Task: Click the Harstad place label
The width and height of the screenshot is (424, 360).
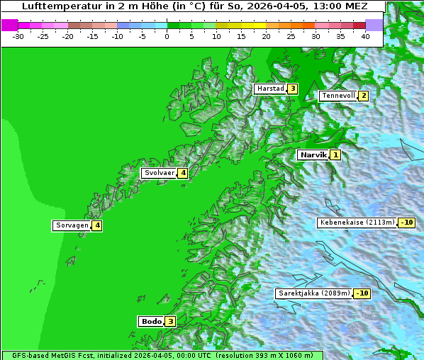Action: tap(270, 89)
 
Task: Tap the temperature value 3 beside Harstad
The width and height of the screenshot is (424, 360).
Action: tap(291, 89)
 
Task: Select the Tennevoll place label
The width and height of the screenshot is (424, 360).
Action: tap(337, 96)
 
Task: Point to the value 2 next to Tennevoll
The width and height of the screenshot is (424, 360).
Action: tap(363, 96)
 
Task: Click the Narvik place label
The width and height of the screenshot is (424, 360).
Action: tap(313, 154)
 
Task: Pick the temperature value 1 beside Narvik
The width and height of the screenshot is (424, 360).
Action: tap(335, 154)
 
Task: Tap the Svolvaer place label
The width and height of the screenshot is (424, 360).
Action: tap(159, 173)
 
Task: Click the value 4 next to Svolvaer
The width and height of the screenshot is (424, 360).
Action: tap(182, 173)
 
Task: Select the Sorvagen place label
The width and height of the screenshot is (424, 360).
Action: tap(72, 225)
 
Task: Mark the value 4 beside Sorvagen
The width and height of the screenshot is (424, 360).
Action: tap(97, 225)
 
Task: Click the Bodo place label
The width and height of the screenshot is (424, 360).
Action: tap(151, 321)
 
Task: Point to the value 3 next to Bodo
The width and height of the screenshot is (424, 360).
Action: tap(170, 321)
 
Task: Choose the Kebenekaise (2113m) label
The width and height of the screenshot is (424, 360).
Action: tap(357, 223)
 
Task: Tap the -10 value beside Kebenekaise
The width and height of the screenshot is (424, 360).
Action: tap(406, 223)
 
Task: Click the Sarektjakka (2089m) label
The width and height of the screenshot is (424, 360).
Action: tap(313, 293)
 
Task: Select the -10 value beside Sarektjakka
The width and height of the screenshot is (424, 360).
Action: tap(362, 293)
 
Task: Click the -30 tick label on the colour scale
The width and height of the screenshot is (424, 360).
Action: tap(18, 35)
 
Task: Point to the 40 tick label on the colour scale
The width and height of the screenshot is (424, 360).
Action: tap(365, 35)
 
